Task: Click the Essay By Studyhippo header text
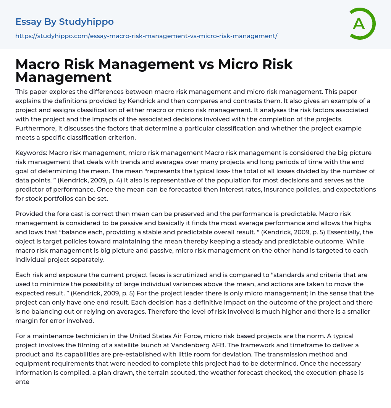pyautogui.click(x=65, y=22)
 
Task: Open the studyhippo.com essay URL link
pyautogui.click(x=146, y=36)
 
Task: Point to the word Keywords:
pyautogui.click(x=31, y=153)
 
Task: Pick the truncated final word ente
pyautogui.click(x=22, y=382)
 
